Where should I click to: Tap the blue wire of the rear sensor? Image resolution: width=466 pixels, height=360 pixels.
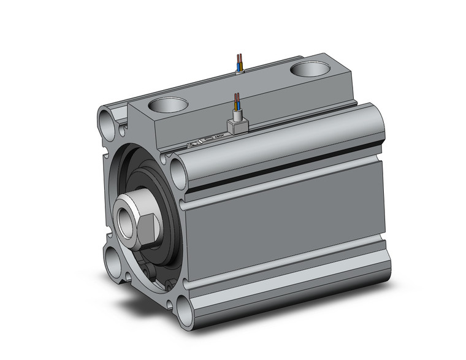coord(238,62)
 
